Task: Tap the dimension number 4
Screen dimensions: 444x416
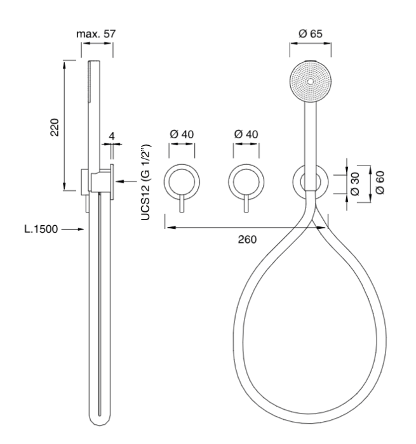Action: [x=112, y=135]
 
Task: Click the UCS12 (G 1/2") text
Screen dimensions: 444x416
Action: [x=145, y=180]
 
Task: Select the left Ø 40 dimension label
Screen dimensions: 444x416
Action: [x=182, y=134]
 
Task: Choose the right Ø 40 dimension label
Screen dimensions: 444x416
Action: [x=246, y=134]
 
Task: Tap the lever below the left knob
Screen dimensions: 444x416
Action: [x=182, y=207]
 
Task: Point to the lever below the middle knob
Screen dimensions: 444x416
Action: [x=246, y=207]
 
